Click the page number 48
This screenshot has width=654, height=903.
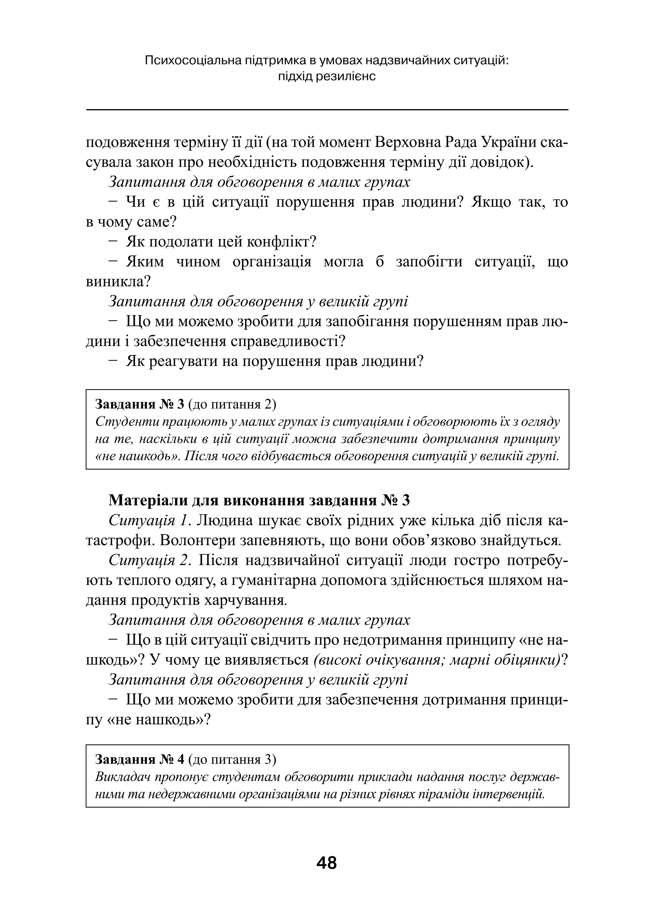coord(327,863)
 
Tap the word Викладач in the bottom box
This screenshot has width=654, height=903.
coord(121,777)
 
